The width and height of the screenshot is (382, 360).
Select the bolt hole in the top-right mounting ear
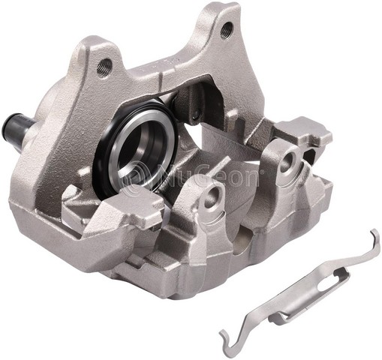coord(226,30)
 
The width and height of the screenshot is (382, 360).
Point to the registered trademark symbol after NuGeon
coord(260,172)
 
